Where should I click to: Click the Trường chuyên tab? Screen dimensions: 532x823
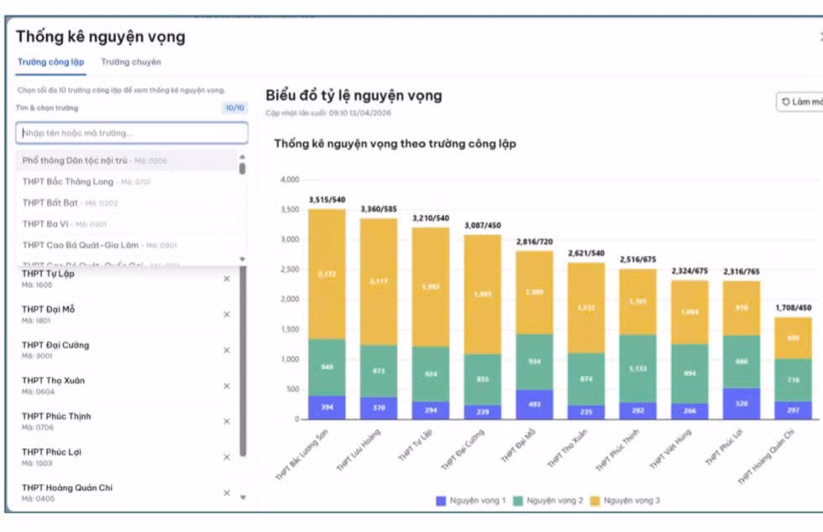tap(131, 62)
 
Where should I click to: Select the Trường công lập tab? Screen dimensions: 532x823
tap(50, 62)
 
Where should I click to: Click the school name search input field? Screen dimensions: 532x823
tap(132, 133)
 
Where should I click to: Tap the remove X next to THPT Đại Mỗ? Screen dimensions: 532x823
tap(227, 315)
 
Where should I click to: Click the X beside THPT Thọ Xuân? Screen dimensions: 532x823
tap(227, 386)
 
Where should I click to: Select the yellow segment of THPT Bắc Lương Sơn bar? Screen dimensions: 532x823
tap(327, 274)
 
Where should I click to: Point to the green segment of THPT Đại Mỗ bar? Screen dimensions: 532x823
tap(534, 362)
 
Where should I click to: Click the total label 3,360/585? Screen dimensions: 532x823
tap(379, 209)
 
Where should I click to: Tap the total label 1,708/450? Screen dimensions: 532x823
tap(793, 308)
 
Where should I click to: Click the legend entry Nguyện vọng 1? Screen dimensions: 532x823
tap(471, 501)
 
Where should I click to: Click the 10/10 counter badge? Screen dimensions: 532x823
tap(234, 108)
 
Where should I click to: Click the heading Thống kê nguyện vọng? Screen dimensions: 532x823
tap(100, 37)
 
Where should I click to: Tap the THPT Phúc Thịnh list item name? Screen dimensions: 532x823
tap(56, 416)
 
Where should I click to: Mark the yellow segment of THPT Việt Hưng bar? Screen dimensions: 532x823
tap(689, 312)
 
